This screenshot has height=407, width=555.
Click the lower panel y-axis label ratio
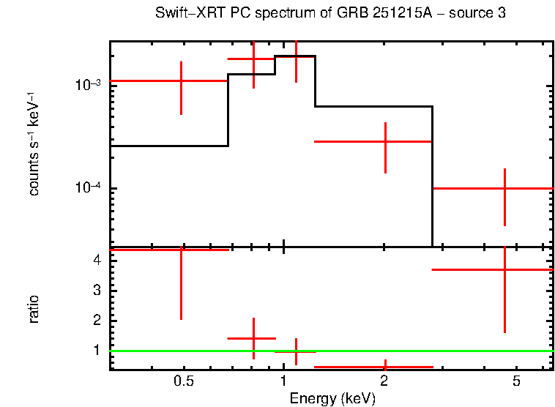(x=34, y=309)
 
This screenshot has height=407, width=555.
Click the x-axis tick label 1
(x=283, y=381)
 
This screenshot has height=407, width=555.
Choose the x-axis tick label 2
(x=384, y=381)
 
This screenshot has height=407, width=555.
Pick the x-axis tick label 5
(x=516, y=381)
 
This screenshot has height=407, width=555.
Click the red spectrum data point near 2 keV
(x=385, y=141)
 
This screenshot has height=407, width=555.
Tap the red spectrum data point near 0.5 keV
(x=181, y=81)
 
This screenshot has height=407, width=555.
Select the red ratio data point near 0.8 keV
(x=253, y=338)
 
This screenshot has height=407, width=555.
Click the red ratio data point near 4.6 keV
(x=504, y=269)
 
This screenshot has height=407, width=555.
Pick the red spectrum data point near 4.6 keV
(x=504, y=188)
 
